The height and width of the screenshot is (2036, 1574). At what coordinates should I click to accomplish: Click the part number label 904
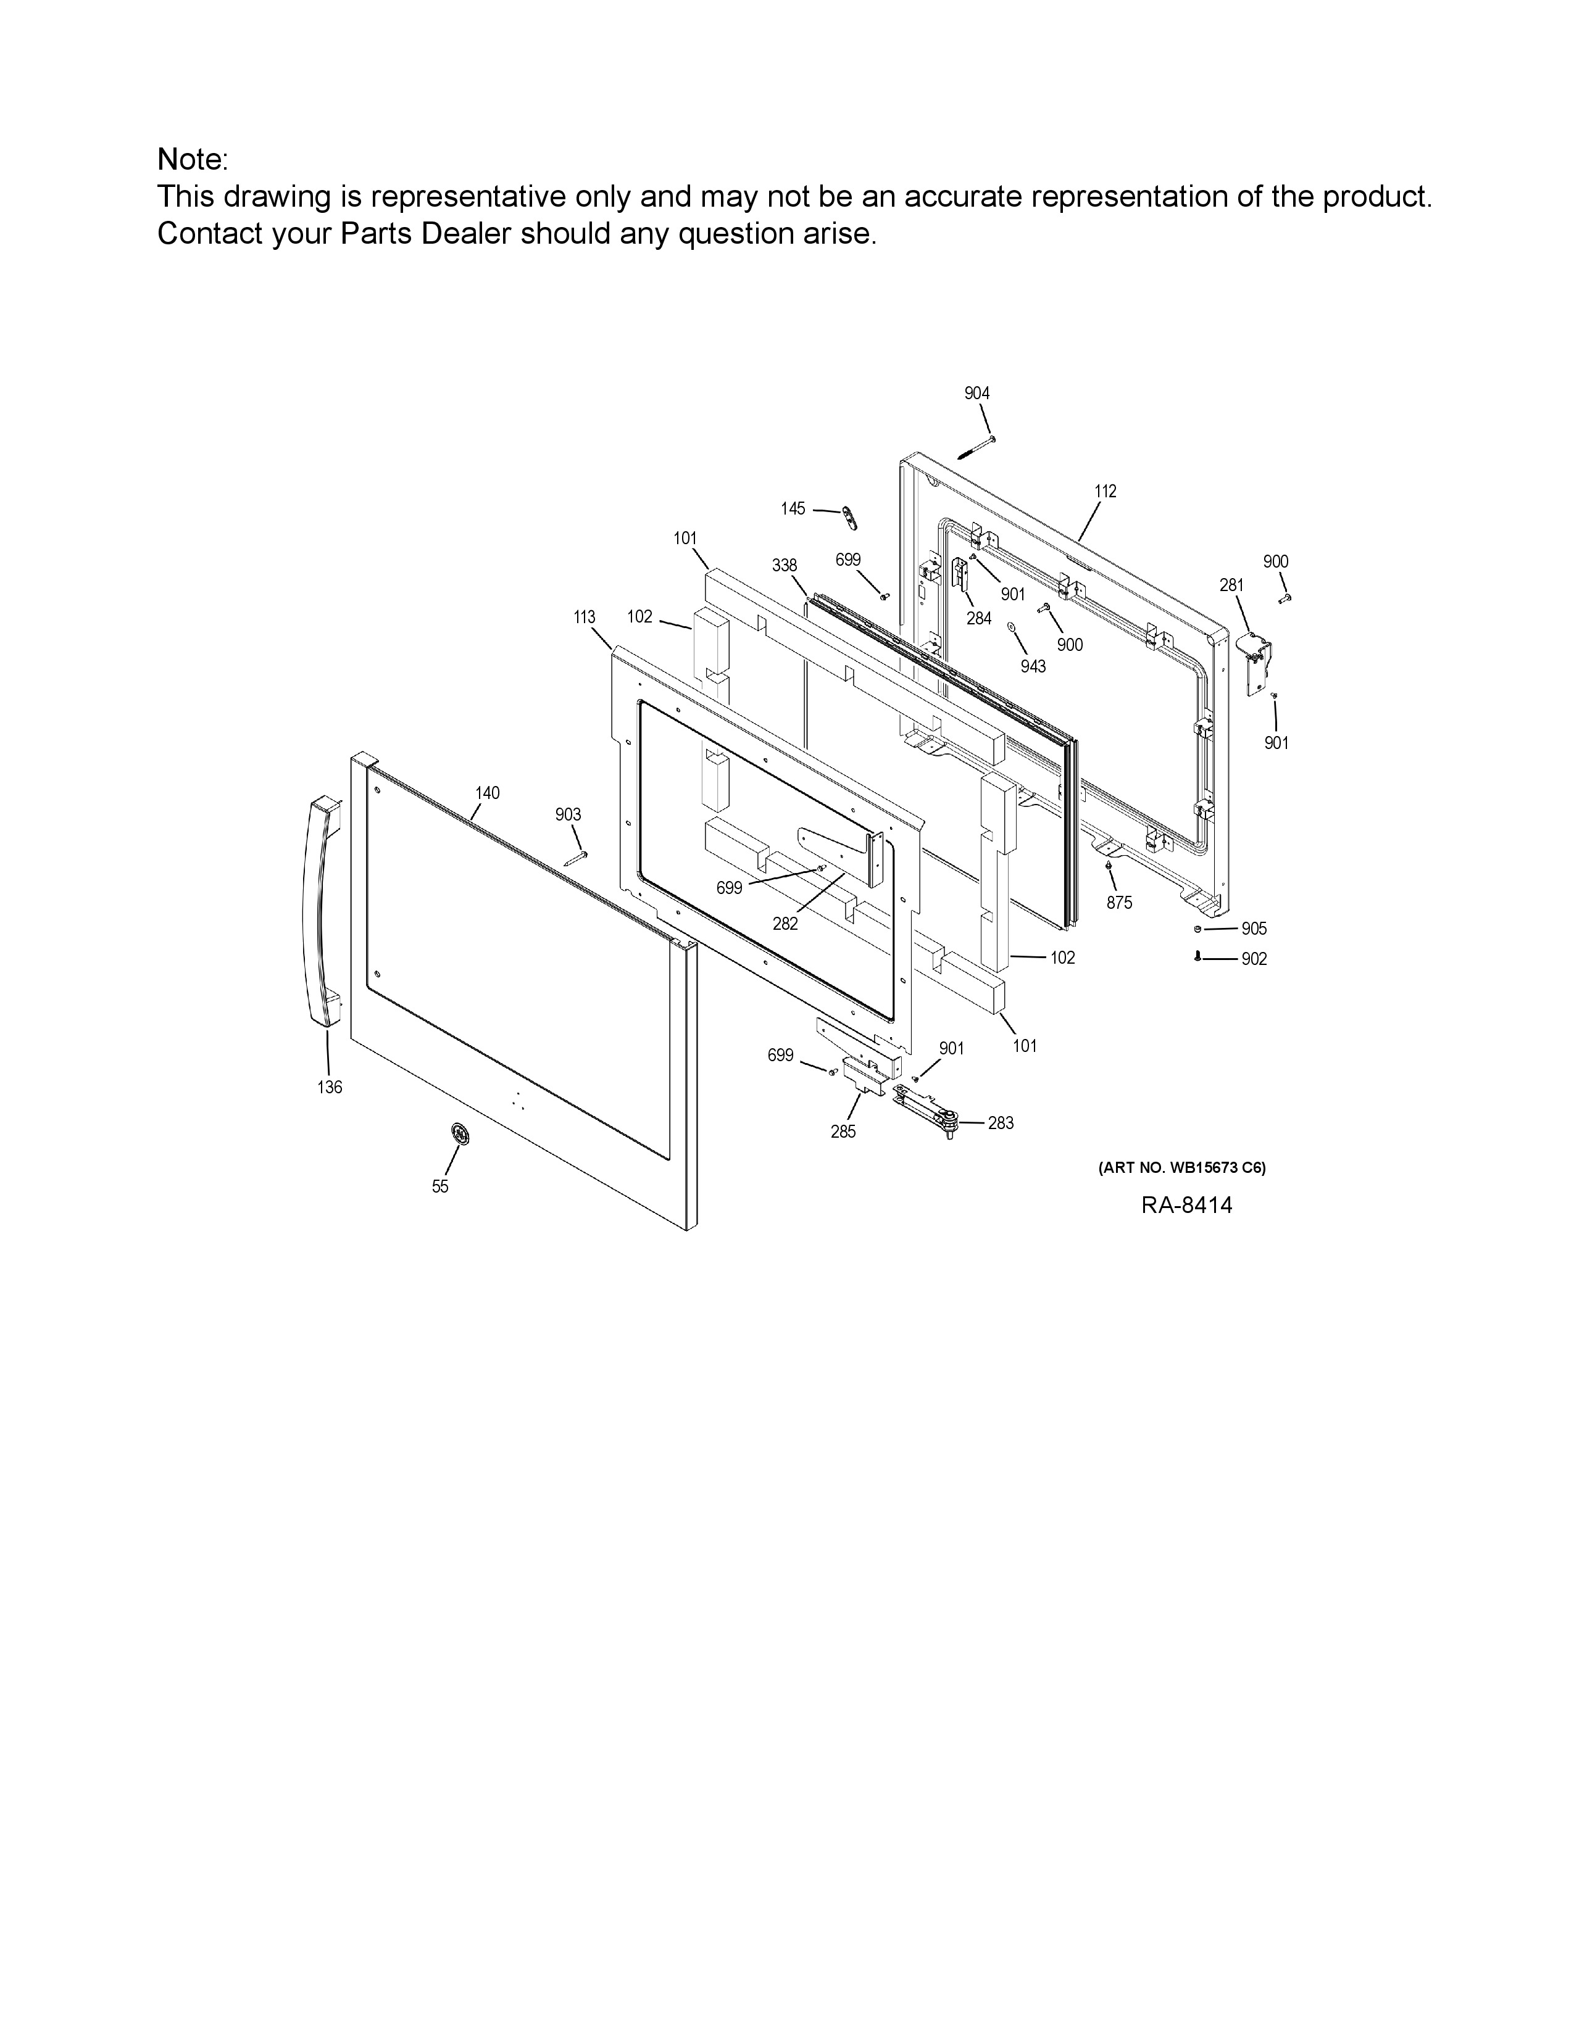[976, 394]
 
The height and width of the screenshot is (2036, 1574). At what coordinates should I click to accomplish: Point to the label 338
[784, 566]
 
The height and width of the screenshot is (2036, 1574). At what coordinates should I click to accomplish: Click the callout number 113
[584, 617]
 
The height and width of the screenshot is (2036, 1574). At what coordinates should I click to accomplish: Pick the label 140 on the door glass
[487, 793]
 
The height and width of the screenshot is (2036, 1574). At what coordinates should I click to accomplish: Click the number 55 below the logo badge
[440, 1186]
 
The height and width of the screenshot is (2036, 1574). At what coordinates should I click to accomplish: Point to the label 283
[1001, 1124]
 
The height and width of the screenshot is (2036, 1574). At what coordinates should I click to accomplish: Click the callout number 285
[843, 1132]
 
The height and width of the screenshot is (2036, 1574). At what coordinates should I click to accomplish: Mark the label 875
[1119, 903]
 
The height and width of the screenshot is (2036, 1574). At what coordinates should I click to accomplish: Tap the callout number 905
[1254, 929]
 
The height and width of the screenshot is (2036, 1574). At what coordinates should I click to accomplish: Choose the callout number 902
[1254, 959]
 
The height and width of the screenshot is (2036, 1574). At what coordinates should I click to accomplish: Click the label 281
[1232, 586]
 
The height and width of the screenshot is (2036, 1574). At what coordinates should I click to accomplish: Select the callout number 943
[1033, 666]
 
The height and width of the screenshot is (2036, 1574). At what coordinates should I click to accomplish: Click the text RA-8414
[1187, 1206]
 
